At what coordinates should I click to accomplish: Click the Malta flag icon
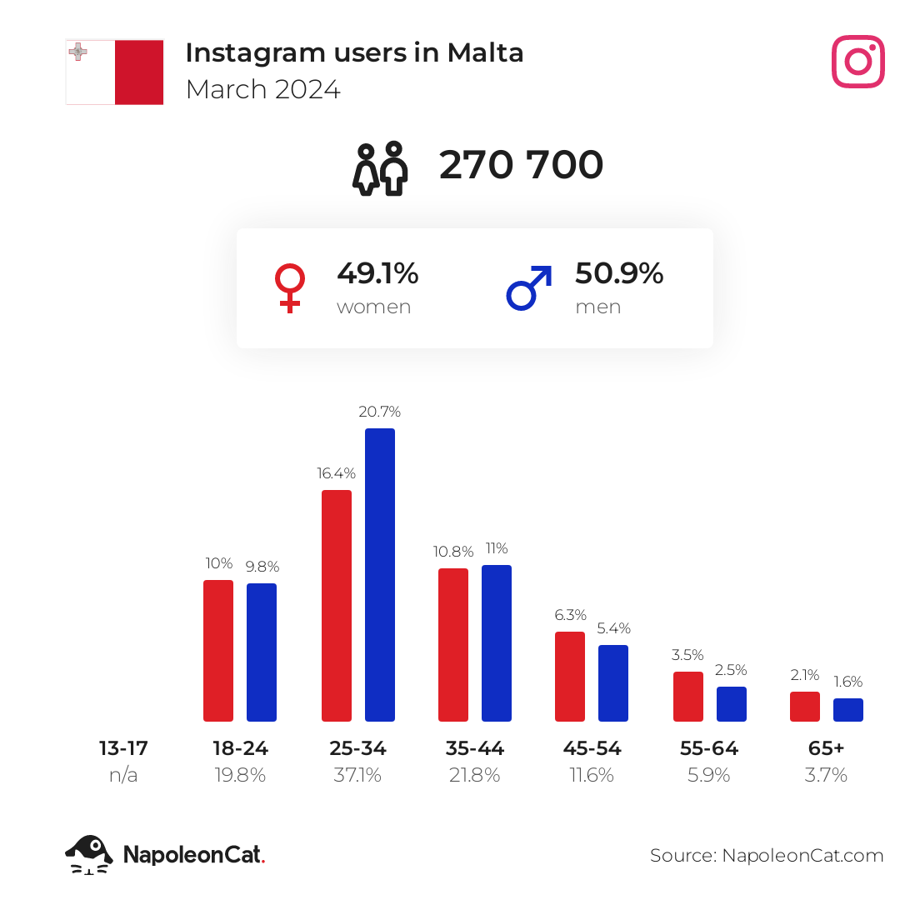pyautogui.click(x=114, y=72)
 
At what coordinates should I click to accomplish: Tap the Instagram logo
pyautogui.click(x=857, y=62)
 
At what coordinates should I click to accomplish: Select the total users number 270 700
pyautogui.click(x=521, y=165)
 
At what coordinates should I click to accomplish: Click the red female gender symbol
pyautogui.click(x=289, y=288)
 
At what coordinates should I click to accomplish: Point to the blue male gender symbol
pyautogui.click(x=529, y=287)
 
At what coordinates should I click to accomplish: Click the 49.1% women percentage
pyautogui.click(x=377, y=273)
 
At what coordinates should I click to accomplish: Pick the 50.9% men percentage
pyautogui.click(x=619, y=273)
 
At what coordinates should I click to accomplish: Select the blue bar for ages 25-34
pyautogui.click(x=380, y=574)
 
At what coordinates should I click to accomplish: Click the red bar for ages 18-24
pyautogui.click(x=218, y=650)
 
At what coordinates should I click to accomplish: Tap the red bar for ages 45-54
pyautogui.click(x=570, y=676)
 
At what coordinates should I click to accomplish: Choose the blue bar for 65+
pyautogui.click(x=848, y=709)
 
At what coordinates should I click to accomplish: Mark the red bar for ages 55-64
pyautogui.click(x=688, y=696)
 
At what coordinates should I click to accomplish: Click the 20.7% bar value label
pyautogui.click(x=380, y=412)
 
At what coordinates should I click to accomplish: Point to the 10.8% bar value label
pyautogui.click(x=453, y=552)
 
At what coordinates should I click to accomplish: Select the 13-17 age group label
pyautogui.click(x=123, y=748)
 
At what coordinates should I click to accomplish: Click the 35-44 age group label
pyautogui.click(x=474, y=748)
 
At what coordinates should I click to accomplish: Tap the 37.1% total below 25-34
pyautogui.click(x=357, y=775)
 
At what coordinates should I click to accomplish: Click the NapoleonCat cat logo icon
pyautogui.click(x=89, y=854)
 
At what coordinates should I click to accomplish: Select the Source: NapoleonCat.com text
pyautogui.click(x=767, y=855)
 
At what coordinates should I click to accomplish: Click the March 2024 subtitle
pyautogui.click(x=262, y=89)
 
